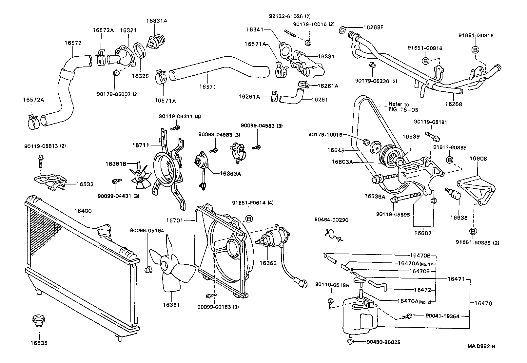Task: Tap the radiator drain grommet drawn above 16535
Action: click(39, 320)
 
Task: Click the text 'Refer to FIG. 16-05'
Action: click(403, 107)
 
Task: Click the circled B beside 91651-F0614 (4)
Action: click(249, 219)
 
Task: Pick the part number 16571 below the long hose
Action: click(207, 87)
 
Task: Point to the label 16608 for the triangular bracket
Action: click(478, 159)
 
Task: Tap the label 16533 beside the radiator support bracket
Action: click(85, 184)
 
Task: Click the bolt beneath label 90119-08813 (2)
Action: click(40, 161)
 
